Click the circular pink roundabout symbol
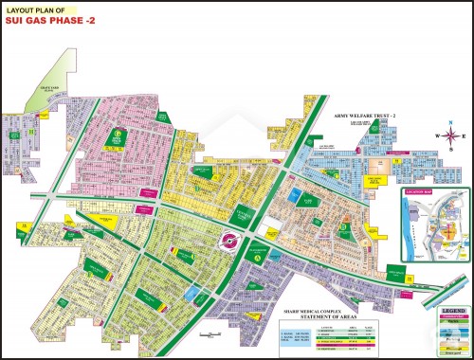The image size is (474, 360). [229, 241]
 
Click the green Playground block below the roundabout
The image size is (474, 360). [255, 250]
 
